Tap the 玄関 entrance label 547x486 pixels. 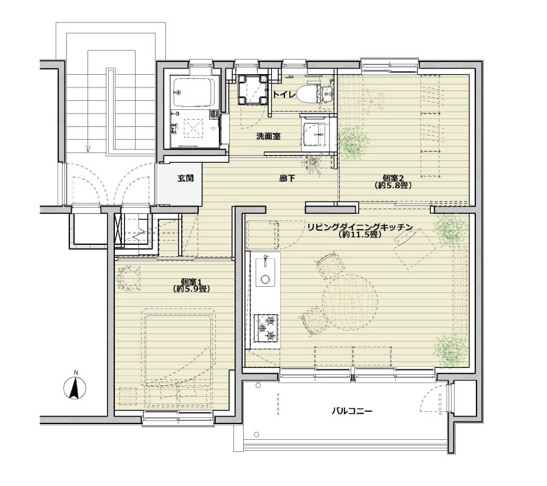(185, 179)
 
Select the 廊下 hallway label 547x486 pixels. (287, 179)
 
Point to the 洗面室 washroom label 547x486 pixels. (268, 136)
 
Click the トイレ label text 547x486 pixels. (284, 95)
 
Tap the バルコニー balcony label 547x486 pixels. (352, 411)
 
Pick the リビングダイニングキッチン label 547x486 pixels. (360, 227)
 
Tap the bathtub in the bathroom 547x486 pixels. (194, 93)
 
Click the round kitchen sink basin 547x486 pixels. (266, 279)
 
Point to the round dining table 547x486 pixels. (350, 301)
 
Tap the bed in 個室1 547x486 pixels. (178, 359)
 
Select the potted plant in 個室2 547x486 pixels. (353, 143)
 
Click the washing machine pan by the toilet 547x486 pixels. (252, 89)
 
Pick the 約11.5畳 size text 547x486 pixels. (359, 234)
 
